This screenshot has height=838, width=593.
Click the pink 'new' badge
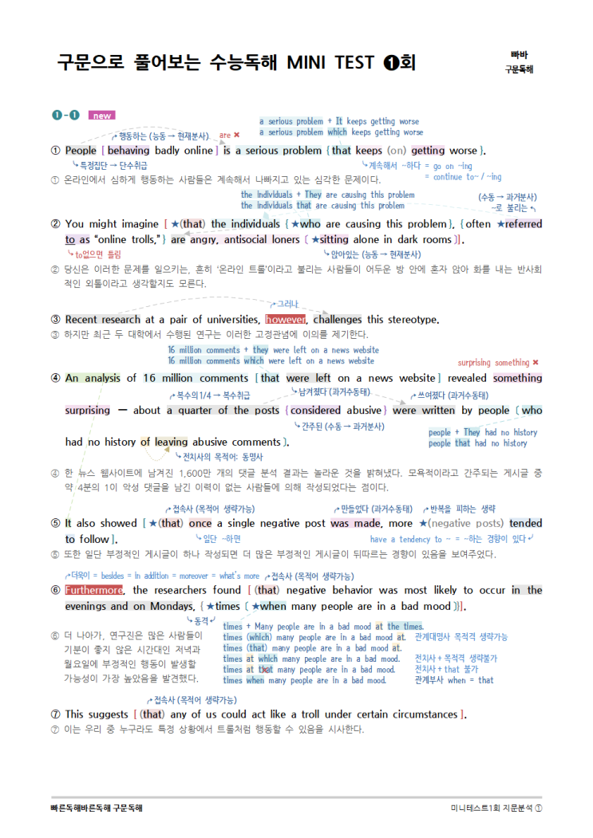[102, 116]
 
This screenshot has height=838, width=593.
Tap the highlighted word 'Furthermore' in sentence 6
[94, 590]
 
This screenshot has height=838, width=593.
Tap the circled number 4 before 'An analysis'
[55, 378]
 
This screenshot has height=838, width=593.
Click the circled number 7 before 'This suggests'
[55, 714]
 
